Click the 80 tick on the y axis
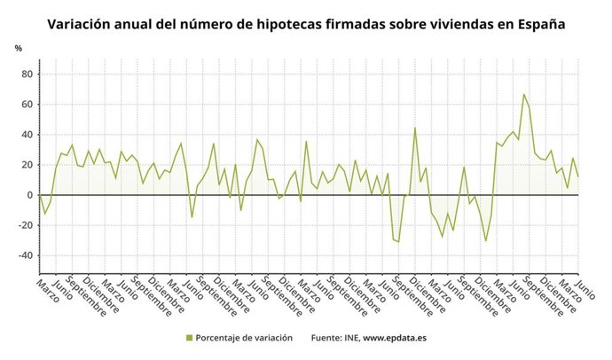[x=27, y=74]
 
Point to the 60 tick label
[x=27, y=105]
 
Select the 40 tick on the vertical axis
[x=27, y=135]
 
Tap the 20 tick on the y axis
[x=27, y=165]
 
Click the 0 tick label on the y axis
[x=30, y=195]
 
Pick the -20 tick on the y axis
[x=26, y=225]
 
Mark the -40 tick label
[x=26, y=255]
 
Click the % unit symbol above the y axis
[x=18, y=48]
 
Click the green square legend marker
[x=190, y=338]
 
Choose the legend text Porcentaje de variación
[x=245, y=338]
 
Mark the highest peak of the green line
[x=523, y=94]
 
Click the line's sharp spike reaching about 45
[x=414, y=128]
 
